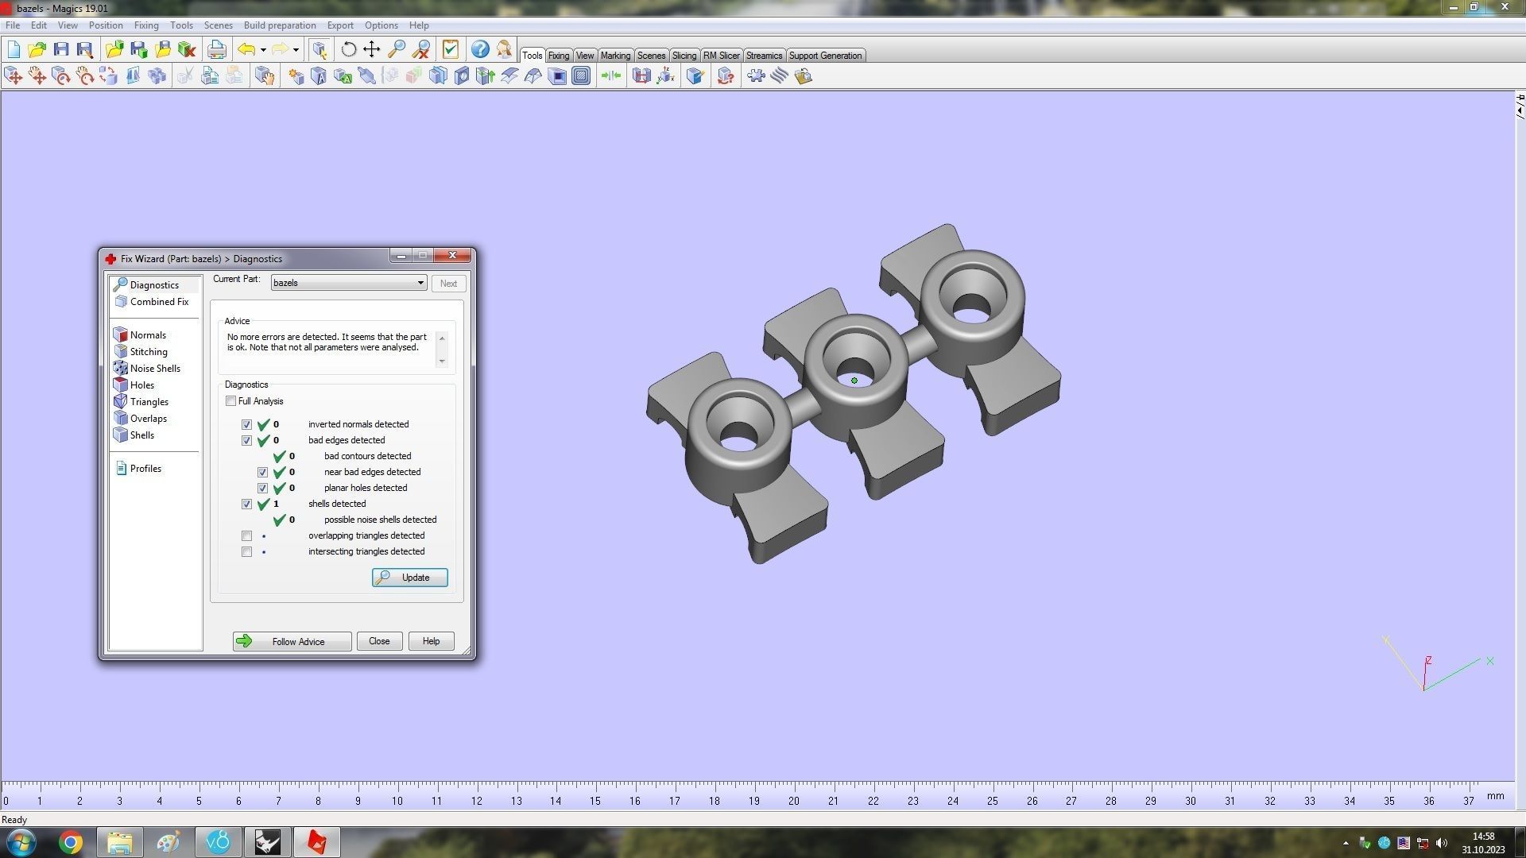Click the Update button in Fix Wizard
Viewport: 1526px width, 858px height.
pos(409,578)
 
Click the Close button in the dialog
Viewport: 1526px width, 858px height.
pos(379,641)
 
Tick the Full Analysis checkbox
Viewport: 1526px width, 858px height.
pos(231,401)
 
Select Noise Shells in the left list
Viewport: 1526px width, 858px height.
pos(155,369)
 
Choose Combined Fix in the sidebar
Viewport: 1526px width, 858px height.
pos(159,302)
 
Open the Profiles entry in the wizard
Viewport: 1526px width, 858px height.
pos(145,469)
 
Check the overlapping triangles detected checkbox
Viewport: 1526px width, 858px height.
pos(247,536)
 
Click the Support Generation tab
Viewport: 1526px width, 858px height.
pos(824,56)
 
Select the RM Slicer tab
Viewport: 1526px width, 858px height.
pos(721,56)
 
